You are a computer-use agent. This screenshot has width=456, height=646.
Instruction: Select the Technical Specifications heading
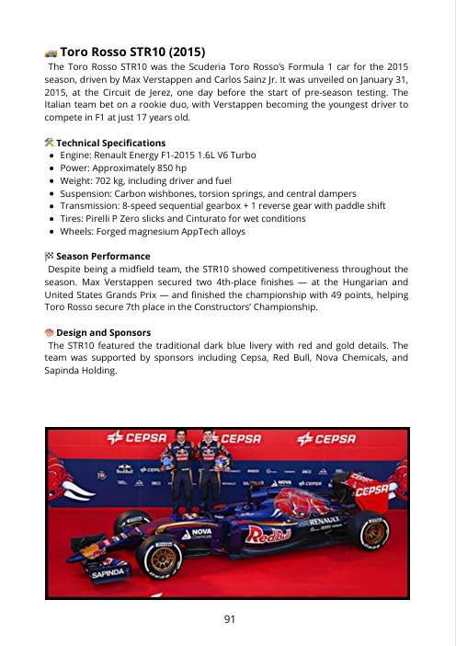tap(111, 144)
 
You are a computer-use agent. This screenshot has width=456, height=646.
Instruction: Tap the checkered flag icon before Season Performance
tap(50, 255)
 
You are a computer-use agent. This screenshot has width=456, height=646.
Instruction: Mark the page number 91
tap(228, 618)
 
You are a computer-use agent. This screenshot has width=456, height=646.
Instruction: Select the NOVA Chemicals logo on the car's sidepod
tap(201, 534)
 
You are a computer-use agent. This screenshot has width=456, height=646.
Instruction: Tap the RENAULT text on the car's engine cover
tap(325, 520)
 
